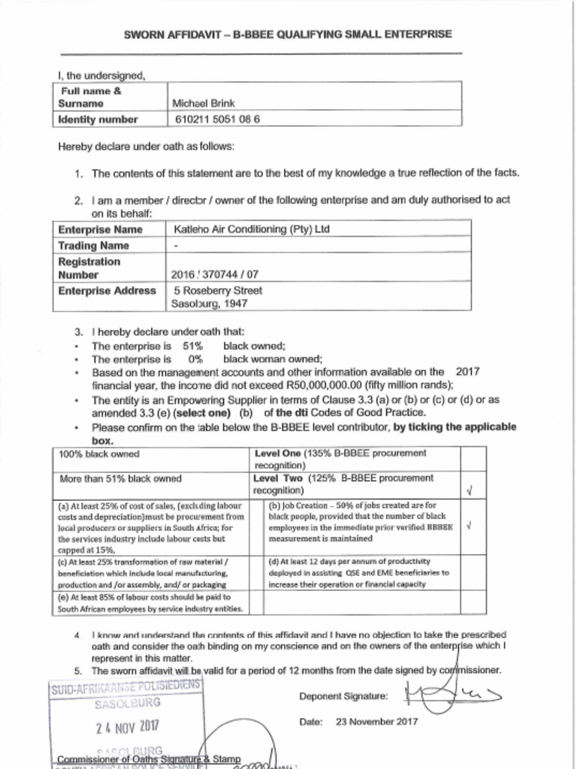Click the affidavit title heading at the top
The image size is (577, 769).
288,35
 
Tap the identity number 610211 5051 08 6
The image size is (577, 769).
217,119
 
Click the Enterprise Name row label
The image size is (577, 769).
100,229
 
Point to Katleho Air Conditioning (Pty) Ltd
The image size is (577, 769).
251,229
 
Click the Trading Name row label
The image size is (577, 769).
94,246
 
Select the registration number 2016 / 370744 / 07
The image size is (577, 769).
215,275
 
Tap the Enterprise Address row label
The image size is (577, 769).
107,291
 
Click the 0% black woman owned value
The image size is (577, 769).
195,359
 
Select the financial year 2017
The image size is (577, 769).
467,372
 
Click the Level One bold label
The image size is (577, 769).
278,453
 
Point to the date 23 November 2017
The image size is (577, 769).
376,722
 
